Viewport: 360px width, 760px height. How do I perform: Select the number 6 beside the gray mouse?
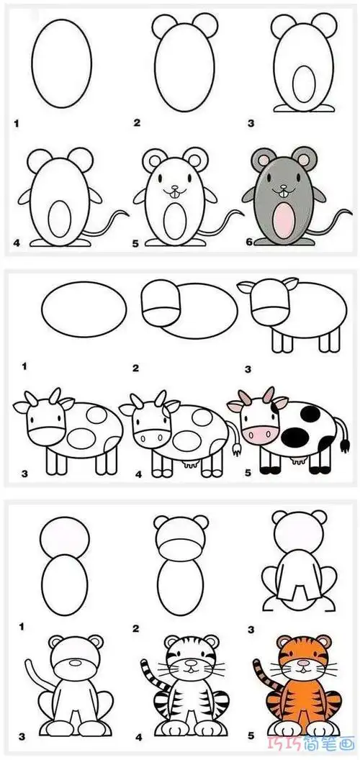tap(250, 243)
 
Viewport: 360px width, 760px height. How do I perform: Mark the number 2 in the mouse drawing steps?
tap(136, 122)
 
